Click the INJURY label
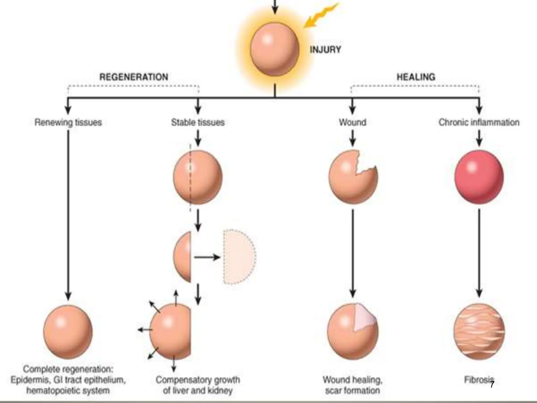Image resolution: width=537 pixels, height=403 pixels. pos(325,50)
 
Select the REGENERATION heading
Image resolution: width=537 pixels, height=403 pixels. pos(134,77)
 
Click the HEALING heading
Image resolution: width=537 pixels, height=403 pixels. pos(416,77)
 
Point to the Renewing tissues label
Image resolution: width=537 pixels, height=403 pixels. pos(68,122)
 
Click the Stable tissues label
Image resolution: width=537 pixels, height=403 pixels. pos(198,122)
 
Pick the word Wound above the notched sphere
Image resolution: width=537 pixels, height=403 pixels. pos(352,122)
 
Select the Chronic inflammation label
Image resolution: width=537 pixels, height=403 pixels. pos(479,122)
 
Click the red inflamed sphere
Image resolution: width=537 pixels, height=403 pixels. pos(479,177)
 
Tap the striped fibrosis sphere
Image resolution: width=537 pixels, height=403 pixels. pos(479,331)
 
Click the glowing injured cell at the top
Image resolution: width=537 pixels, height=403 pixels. pos(275,49)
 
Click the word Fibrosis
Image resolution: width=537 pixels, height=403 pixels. pos(477,380)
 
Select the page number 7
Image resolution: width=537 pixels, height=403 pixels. pos(492,385)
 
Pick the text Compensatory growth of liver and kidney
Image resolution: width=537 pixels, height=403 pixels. pos(198,385)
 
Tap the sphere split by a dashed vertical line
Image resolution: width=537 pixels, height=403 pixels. pos(198,177)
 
